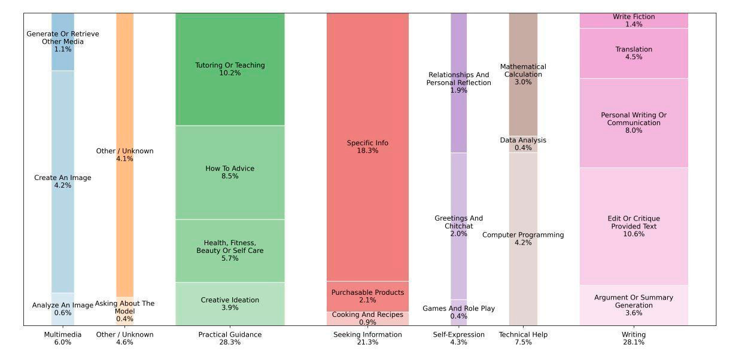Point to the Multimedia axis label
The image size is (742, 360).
[63, 338]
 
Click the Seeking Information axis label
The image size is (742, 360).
[367, 338]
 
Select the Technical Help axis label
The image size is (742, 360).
[523, 338]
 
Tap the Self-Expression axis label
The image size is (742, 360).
[459, 338]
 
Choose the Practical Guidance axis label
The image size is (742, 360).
[230, 338]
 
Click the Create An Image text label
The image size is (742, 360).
[63, 181]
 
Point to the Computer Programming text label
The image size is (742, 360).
[523, 239]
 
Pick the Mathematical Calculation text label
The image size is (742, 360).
[523, 74]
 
